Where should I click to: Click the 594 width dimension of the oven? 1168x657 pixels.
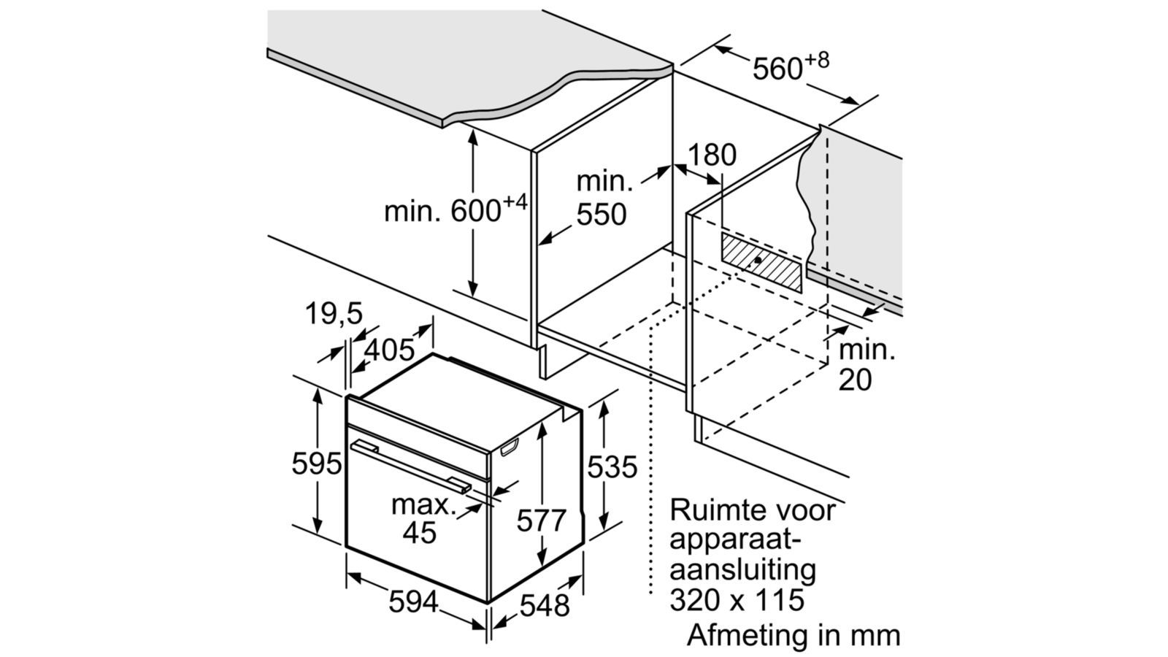(413, 602)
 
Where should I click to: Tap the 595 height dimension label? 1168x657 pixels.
(316, 464)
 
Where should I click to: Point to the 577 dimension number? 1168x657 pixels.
(541, 520)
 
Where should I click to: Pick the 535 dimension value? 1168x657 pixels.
(612, 466)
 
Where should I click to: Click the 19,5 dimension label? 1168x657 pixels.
(333, 314)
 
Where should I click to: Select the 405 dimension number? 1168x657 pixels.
(389, 350)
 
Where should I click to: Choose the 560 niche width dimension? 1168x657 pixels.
(790, 67)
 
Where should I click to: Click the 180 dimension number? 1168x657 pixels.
(712, 155)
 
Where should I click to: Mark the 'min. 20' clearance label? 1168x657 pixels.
(866, 365)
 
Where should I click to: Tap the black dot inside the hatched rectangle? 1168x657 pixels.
(759, 260)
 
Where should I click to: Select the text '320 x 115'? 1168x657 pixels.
(737, 600)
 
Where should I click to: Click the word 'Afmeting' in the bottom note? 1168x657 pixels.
(743, 634)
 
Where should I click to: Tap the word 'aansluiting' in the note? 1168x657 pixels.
(742, 569)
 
